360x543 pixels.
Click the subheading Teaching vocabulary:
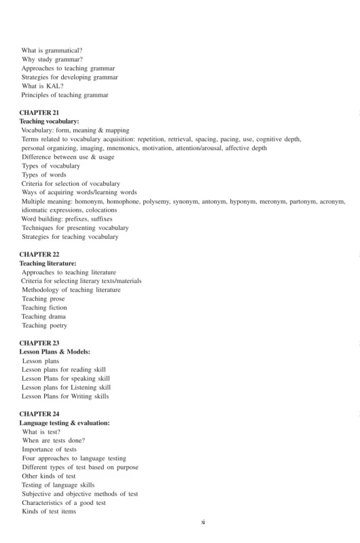tap(49, 120)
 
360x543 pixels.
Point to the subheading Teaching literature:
tap(48, 263)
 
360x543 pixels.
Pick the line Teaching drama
tap(44, 317)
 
